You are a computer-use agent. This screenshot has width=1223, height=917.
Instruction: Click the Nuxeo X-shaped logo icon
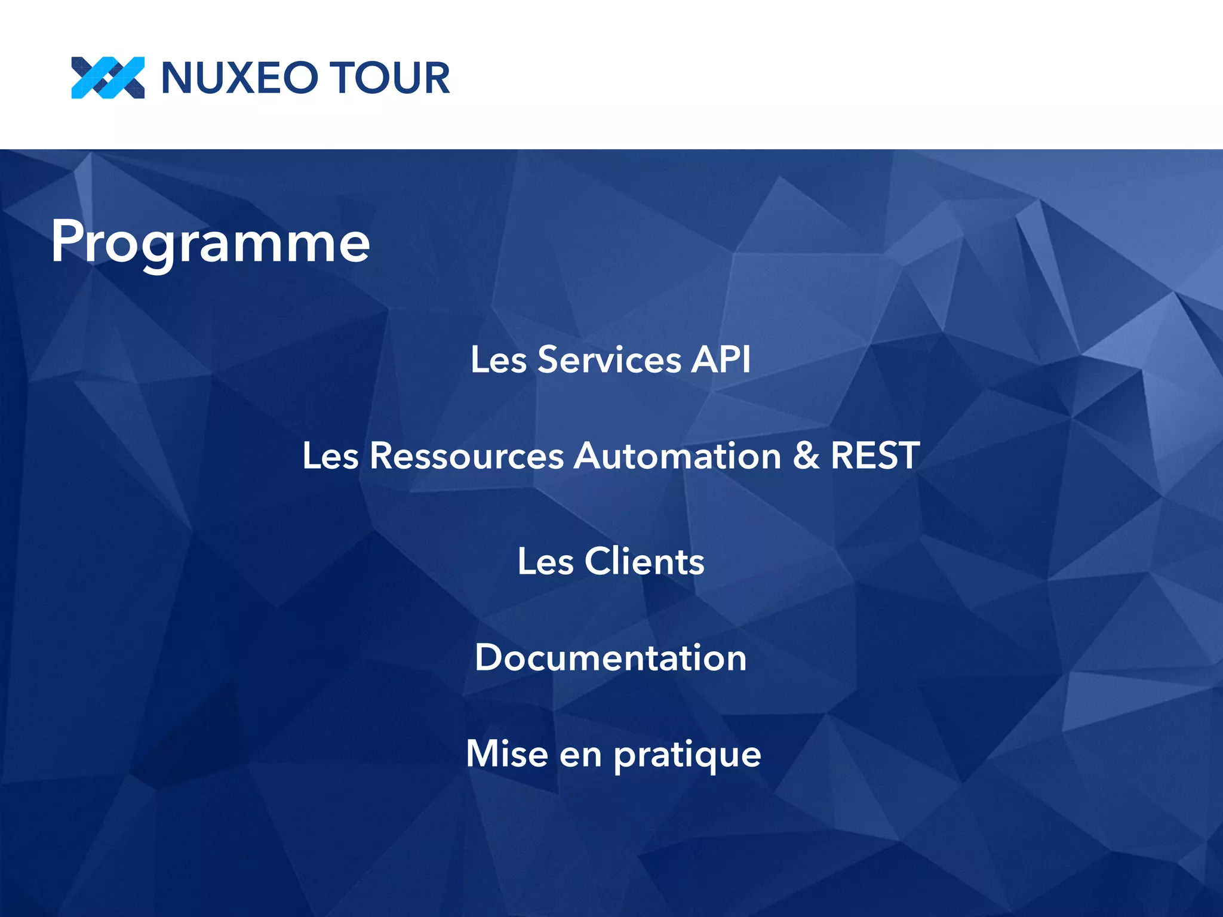tap(107, 78)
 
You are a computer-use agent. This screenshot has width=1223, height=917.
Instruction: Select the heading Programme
tap(210, 242)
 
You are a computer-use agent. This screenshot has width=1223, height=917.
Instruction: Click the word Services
tap(609, 360)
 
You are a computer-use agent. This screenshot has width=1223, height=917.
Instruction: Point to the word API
tap(721, 360)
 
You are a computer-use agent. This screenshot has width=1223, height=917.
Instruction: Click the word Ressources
tap(466, 456)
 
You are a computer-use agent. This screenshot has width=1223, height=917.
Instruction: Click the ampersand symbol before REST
tap(806, 456)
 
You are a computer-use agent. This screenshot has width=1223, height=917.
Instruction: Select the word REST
tap(875, 456)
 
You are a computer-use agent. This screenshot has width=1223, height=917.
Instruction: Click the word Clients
tap(644, 561)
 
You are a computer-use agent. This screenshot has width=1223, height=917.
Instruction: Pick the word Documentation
tap(611, 658)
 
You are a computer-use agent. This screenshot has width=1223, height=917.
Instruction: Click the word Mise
tap(507, 753)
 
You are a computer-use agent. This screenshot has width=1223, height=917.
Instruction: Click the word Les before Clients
tap(545, 561)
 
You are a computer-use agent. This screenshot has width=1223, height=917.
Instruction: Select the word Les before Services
tap(499, 360)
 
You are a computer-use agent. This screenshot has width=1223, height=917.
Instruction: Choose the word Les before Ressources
tap(330, 456)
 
